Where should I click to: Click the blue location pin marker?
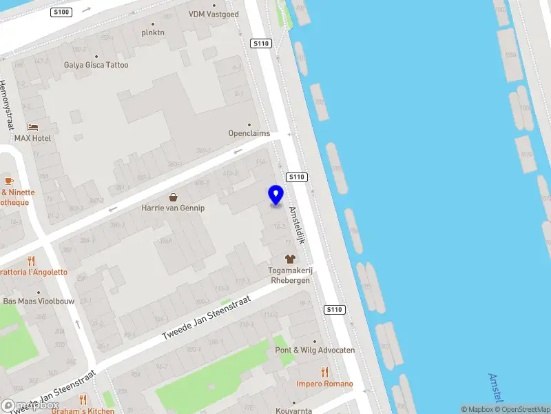coord(275,195)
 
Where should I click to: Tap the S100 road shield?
coord(61,12)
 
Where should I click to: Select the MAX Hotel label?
coord(33,138)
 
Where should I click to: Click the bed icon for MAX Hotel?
coord(32,128)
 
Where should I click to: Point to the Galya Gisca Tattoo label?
coord(96,65)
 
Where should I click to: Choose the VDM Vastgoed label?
coord(214,14)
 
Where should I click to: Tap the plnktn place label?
coord(153,32)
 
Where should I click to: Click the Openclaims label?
coord(249,133)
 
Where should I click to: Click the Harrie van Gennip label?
coord(173,208)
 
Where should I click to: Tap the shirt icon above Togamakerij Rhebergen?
coord(289,259)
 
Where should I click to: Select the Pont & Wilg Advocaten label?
coord(315,350)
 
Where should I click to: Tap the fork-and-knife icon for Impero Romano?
coord(324,373)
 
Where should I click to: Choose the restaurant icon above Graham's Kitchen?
coord(83,400)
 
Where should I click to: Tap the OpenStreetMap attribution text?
coord(523,409)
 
